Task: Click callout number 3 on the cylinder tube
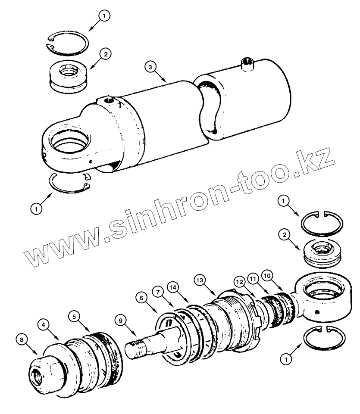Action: (150, 68)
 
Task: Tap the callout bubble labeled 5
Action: (74, 317)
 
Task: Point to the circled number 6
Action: (140, 297)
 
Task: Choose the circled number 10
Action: (267, 274)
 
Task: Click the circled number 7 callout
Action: (159, 293)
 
